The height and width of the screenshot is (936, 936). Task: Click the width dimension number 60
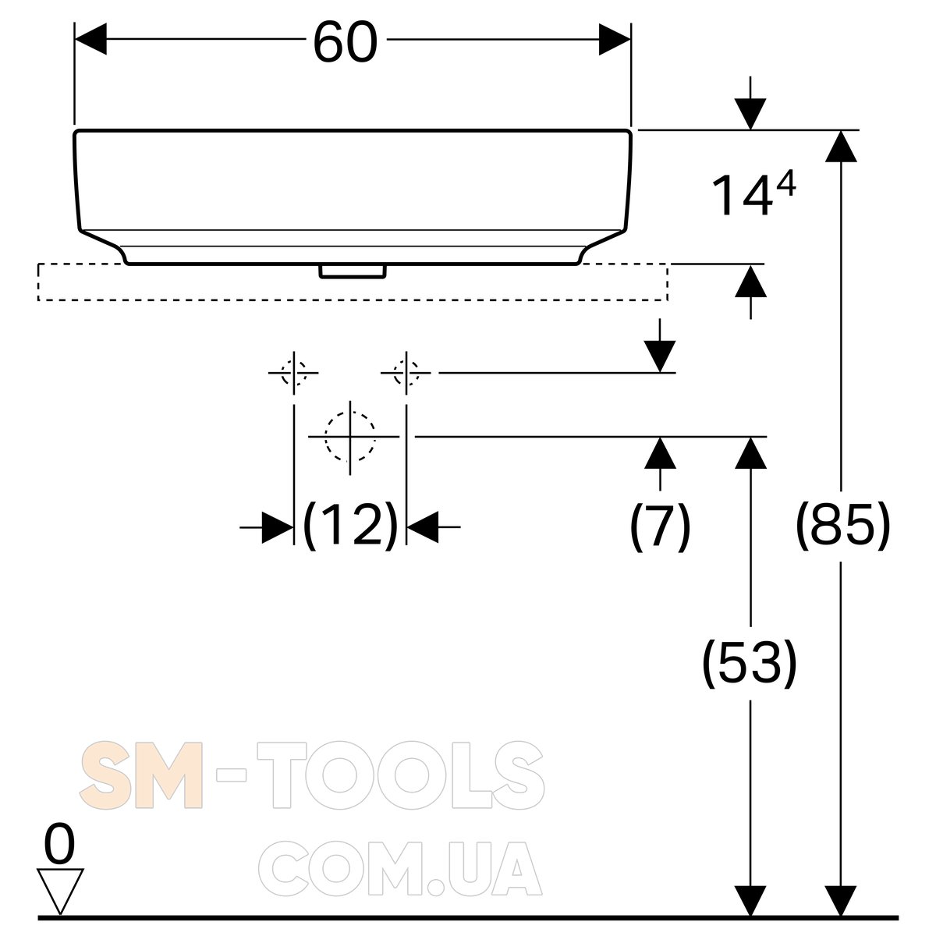[x=346, y=42]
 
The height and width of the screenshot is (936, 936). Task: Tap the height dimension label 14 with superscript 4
[x=753, y=194]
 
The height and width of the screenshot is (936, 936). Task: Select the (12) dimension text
[x=350, y=526]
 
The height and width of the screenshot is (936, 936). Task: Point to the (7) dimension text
[x=660, y=526]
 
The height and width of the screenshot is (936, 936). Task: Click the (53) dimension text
[x=750, y=662]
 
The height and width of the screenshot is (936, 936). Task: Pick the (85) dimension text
[x=842, y=526]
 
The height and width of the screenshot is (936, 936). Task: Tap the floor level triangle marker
[x=60, y=890]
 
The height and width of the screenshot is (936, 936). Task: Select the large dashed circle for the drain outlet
[x=350, y=436]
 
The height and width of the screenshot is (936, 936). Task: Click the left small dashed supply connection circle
[x=294, y=373]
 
